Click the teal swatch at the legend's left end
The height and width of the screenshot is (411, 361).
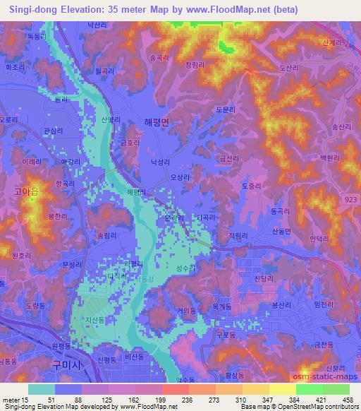(41, 389)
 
